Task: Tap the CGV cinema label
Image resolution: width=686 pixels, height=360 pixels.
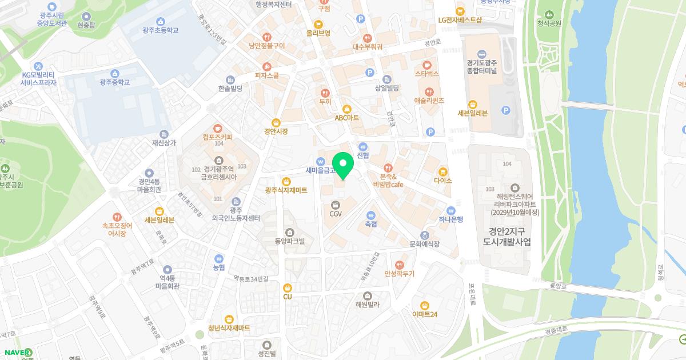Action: (336, 214)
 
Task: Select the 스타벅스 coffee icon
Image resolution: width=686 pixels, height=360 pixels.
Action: (427, 65)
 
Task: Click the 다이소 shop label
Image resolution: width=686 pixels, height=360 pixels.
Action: (442, 181)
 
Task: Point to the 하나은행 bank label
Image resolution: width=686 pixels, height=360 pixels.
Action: (451, 219)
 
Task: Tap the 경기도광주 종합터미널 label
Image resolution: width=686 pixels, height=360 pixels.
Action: (481, 67)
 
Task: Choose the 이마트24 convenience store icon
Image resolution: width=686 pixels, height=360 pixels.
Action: (425, 306)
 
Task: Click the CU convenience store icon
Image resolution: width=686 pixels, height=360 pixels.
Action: (288, 287)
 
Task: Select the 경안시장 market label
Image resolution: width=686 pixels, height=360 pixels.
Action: (276, 131)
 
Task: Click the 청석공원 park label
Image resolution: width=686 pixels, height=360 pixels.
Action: (549, 23)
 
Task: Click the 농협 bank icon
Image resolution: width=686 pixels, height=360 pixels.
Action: (218, 258)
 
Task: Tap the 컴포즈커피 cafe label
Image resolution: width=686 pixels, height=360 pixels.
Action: (217, 137)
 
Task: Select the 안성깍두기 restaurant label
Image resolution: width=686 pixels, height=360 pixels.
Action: (400, 274)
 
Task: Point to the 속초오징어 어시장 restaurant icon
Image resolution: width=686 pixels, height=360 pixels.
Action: (117, 217)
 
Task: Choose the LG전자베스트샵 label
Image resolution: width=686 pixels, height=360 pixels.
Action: (460, 20)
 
